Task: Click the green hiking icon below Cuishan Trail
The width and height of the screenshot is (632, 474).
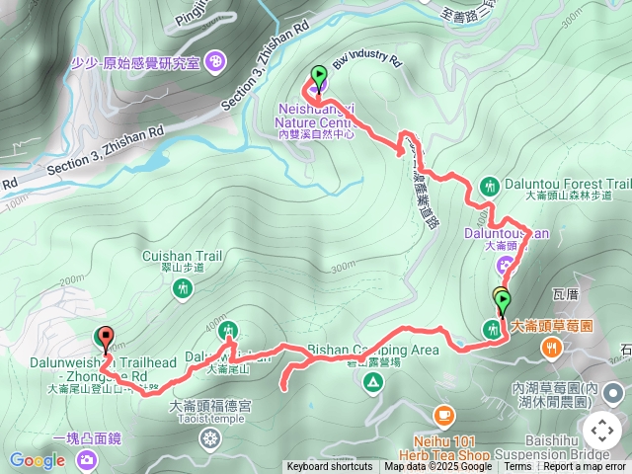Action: tap(181, 288)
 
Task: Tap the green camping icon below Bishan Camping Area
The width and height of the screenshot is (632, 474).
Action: tap(373, 382)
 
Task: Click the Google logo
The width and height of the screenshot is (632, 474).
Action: tap(37, 460)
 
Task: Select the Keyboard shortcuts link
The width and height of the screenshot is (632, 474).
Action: tap(330, 467)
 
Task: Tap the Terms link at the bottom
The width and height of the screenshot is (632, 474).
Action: tap(517, 467)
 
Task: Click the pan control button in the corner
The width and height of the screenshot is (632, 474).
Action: tap(601, 431)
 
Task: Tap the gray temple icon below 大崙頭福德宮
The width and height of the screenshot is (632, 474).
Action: tap(209, 435)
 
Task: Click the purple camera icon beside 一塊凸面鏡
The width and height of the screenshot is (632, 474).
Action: tap(87, 458)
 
